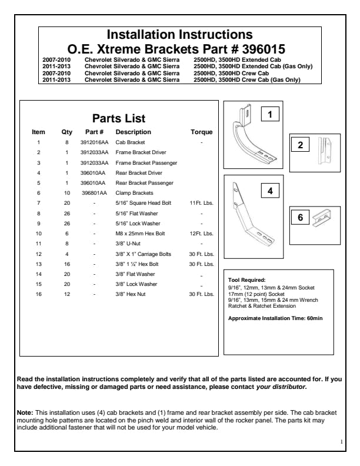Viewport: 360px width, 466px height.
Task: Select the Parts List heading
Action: click(119, 118)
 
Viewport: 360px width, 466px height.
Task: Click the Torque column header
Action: click(202, 132)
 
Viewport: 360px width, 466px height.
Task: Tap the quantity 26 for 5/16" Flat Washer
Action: click(67, 212)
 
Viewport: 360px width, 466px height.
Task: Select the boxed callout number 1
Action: click(269, 115)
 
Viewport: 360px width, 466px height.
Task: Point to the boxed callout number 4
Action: click(269, 191)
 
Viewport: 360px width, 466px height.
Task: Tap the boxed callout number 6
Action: click(300, 218)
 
